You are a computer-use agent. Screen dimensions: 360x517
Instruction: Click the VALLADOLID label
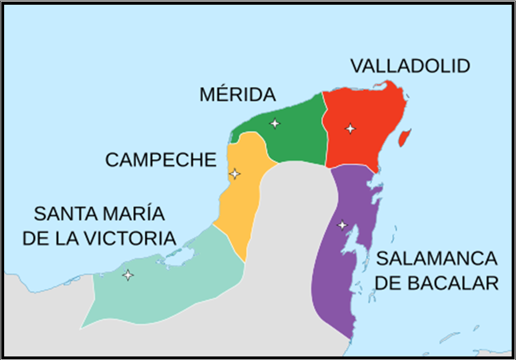click(410, 66)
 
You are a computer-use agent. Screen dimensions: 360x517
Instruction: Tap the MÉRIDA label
click(237, 95)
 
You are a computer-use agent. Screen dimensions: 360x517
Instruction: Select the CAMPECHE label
click(161, 160)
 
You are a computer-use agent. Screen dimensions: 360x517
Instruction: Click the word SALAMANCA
click(437, 258)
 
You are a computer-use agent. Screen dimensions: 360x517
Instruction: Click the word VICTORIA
click(131, 238)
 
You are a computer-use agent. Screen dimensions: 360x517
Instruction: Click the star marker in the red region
click(350, 128)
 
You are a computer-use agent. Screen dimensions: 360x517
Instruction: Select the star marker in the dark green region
click(274, 123)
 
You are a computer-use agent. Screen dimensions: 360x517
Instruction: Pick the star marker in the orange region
click(235, 174)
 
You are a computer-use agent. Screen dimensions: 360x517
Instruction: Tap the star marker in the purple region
click(342, 225)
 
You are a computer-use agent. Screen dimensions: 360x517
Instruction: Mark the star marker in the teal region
click(127, 275)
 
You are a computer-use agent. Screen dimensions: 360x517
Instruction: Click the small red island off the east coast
click(403, 139)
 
